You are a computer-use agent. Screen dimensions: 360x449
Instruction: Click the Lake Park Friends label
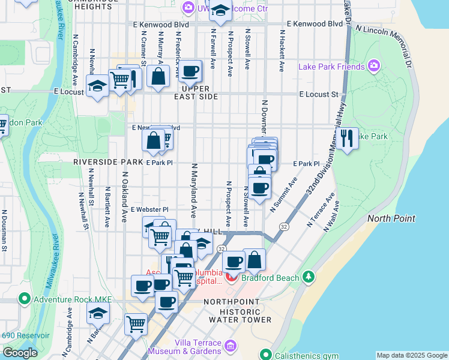[x=331, y=66]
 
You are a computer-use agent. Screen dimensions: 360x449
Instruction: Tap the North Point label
[x=391, y=218]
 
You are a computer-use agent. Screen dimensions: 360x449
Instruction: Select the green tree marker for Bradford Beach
[x=309, y=277]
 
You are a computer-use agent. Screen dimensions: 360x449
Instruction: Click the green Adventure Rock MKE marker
[x=25, y=298]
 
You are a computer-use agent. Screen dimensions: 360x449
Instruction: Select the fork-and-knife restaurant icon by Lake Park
[x=347, y=139]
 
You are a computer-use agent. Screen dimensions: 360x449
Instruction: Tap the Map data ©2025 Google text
[x=412, y=355]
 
